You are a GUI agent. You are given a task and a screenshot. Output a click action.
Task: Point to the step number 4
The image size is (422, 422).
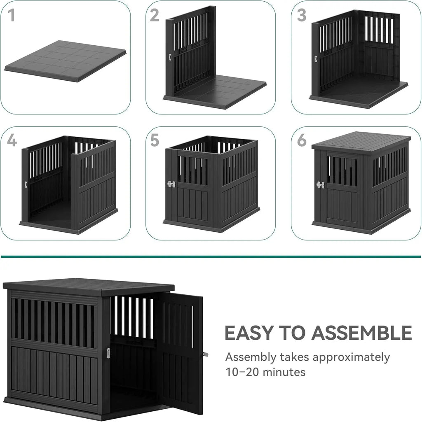[12, 140]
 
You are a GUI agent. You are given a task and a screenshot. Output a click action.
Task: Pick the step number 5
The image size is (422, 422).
[155, 140]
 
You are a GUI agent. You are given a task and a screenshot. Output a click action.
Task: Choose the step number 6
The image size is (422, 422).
[302, 140]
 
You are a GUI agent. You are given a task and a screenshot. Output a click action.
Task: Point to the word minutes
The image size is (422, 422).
[284, 373]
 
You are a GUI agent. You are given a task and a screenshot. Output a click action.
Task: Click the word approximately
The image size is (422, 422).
[351, 357]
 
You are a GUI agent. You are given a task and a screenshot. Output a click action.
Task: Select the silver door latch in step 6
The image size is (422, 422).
[320, 185]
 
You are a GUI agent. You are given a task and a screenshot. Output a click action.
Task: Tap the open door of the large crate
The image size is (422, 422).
[180, 350]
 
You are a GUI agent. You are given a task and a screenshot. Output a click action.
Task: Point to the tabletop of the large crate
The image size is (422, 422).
[89, 285]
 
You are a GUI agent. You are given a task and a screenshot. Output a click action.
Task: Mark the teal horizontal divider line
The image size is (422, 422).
[211, 257]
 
